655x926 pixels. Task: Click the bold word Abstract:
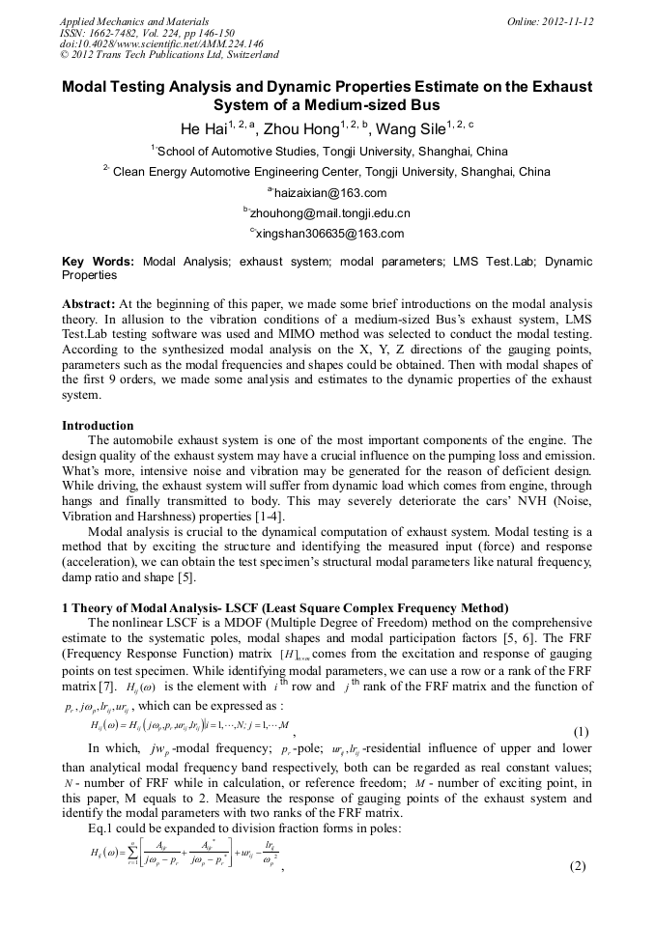coord(89,303)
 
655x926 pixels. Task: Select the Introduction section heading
coord(98,425)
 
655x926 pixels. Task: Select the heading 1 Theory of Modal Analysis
coord(285,608)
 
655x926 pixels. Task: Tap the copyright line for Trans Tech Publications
coord(169,55)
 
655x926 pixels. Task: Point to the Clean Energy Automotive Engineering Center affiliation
coord(330,172)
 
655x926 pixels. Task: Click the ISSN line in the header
coord(147,32)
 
